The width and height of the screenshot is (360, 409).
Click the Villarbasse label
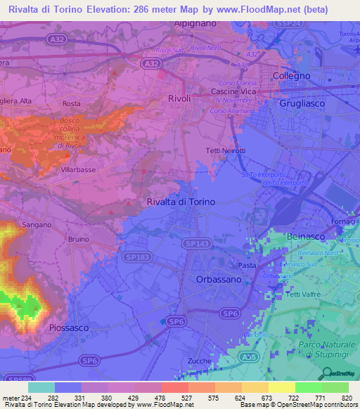pos(79,169)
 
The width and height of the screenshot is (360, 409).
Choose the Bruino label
pos(79,238)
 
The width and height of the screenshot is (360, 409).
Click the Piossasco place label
pos(71,327)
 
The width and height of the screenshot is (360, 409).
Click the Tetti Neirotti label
pos(226,152)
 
